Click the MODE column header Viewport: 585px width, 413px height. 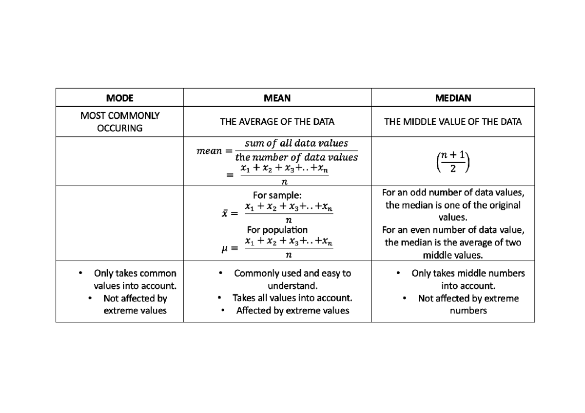119,98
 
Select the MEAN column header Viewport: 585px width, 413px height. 277,98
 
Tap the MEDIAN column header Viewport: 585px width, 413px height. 453,98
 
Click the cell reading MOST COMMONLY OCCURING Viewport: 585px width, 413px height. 119,122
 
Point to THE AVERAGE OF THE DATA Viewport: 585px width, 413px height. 277,122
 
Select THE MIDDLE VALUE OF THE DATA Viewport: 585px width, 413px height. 453,122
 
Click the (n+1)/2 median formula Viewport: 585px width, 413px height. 453,162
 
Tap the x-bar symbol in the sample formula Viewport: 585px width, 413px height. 225,213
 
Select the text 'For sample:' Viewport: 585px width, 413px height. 277,196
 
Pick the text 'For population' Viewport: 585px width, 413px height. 277,229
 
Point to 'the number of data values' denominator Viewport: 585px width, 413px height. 296,157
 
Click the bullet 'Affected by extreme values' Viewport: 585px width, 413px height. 292,310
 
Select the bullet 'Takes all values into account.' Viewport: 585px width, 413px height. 292,298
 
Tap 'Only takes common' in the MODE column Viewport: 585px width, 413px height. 135,273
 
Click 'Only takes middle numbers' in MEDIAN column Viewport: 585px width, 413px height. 468,273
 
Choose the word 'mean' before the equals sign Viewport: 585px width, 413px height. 209,151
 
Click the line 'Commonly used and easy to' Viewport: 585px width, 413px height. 292,273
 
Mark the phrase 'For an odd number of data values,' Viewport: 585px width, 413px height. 453,192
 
